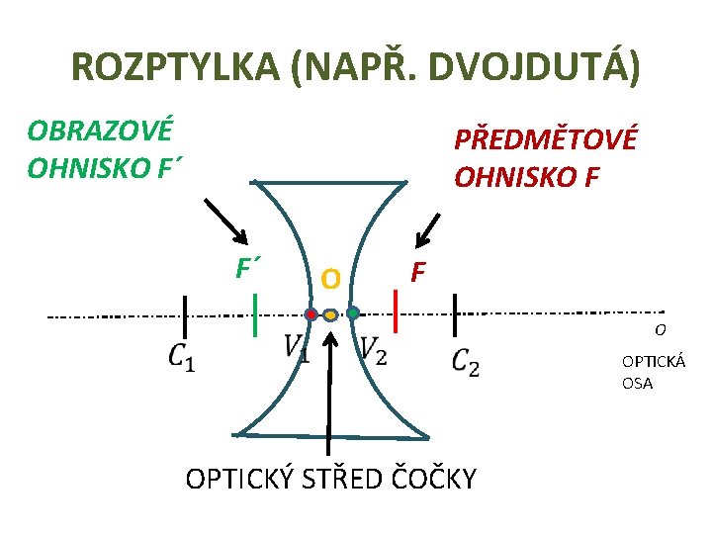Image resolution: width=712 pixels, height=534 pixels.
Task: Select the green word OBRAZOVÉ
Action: [x=100, y=130]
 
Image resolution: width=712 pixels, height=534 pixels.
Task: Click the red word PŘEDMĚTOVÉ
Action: [x=546, y=138]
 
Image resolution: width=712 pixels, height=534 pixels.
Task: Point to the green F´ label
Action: [x=248, y=267]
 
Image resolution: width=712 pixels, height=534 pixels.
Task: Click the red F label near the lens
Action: [x=419, y=270]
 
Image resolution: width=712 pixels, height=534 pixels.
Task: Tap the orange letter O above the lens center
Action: [x=330, y=280]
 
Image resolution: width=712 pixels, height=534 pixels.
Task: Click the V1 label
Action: [x=296, y=348]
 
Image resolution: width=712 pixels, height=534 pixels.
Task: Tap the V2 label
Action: [x=373, y=348]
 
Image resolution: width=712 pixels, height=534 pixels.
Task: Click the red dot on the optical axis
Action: [x=311, y=314]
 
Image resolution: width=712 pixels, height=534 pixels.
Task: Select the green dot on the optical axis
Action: [x=352, y=313]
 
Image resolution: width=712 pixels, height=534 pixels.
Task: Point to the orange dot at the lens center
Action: [x=330, y=314]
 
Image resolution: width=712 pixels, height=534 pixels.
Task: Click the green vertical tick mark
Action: [x=255, y=314]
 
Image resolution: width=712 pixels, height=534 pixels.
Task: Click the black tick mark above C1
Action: [x=185, y=315]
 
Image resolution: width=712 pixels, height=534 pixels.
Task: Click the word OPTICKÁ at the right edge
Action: [x=654, y=363]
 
